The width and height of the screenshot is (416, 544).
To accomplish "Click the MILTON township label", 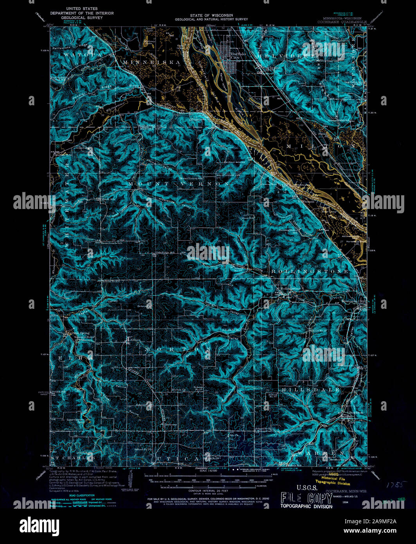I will pyautogui.click(x=321, y=146).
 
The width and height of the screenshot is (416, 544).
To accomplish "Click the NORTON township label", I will pyautogui.click(x=178, y=348).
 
